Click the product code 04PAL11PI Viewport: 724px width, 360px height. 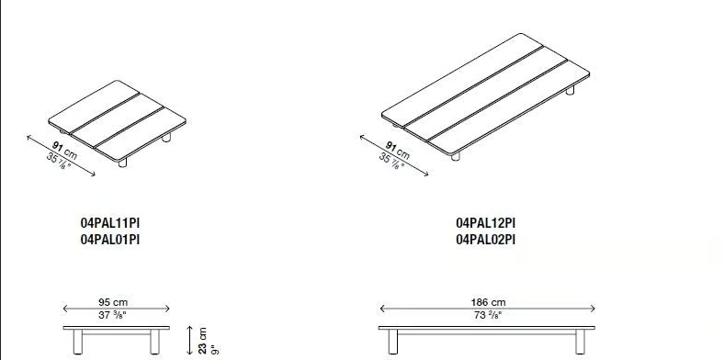coord(110,223)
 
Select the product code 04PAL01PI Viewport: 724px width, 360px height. coord(110,240)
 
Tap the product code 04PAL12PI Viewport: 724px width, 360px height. coord(486,223)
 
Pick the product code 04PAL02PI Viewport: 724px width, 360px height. coord(486,240)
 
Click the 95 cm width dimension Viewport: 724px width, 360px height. coord(113,302)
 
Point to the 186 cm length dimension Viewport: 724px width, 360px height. coord(488,302)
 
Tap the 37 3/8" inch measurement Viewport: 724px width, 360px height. coord(113,316)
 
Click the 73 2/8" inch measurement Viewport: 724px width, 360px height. coord(488,316)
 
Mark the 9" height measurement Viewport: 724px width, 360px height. coord(214,350)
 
